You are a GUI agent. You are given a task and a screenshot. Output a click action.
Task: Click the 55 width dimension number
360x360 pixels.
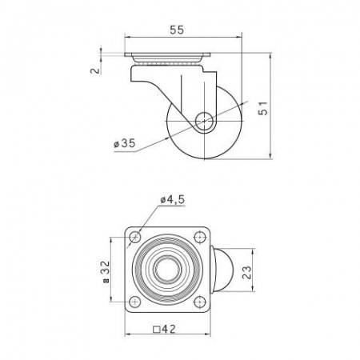pyautogui.click(x=177, y=30)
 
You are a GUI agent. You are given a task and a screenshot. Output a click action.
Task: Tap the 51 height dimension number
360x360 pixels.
pyautogui.click(x=263, y=108)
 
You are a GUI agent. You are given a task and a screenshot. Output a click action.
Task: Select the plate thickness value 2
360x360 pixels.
pyautogui.click(x=95, y=70)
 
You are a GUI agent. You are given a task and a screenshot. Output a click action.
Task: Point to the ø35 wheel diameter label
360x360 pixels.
pyautogui.click(x=125, y=143)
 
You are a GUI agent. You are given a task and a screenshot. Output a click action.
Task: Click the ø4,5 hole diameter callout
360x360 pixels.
pyautogui.click(x=173, y=199)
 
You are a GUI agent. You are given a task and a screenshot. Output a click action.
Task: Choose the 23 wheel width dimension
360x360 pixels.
pyautogui.click(x=246, y=272)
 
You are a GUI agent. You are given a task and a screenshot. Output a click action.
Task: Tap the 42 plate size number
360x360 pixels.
pyautogui.click(x=169, y=329)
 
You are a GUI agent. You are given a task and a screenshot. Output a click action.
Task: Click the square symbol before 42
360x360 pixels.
pyautogui.click(x=157, y=330)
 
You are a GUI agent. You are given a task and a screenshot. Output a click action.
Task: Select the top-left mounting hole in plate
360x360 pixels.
pyautogui.click(x=135, y=237)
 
